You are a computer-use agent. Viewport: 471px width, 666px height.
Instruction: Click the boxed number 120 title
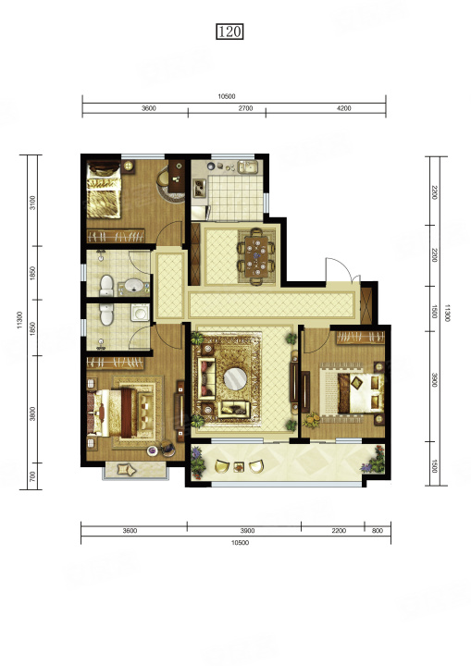coord(229,31)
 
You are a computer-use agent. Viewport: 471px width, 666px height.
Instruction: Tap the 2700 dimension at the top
coord(246,108)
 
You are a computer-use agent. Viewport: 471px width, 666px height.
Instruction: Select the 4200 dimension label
coord(344,108)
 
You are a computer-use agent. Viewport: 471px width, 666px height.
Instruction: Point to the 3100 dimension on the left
coord(32,203)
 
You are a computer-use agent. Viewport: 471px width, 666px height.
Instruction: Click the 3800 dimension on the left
coord(32,413)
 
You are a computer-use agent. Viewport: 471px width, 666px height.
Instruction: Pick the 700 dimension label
coord(32,476)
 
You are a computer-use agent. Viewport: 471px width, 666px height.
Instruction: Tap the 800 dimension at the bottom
coord(378,531)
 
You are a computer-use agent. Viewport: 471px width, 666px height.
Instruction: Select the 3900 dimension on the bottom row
coord(247,531)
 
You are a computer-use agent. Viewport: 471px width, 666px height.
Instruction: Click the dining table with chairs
coord(256,256)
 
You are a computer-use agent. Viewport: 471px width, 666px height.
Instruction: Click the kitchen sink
coord(247,166)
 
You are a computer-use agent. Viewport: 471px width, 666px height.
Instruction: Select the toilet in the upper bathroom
coord(106,286)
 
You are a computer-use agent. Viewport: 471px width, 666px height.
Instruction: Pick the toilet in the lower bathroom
coord(106,314)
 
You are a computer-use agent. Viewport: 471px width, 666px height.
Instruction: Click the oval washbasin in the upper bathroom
coord(133,286)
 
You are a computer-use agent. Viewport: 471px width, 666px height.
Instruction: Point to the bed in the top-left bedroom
coord(104,190)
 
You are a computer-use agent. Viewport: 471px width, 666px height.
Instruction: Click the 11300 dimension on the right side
coord(446,313)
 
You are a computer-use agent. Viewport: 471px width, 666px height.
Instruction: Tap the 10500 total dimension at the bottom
coord(240,543)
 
